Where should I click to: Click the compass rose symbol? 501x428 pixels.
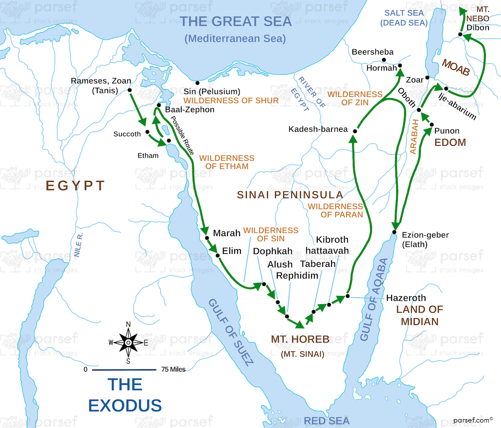pos(128,342)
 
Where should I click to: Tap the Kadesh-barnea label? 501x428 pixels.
pos(318,129)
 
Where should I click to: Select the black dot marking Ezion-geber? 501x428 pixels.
pos(394,232)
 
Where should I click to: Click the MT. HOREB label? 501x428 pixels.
pos(300,340)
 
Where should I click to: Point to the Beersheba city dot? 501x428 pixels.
pos(384,60)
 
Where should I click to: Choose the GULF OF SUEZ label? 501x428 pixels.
pos(230,332)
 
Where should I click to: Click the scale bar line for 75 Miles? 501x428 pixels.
pos(124,370)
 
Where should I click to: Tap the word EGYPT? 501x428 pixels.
pos(75,186)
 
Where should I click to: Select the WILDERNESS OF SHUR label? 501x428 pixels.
pos(231,101)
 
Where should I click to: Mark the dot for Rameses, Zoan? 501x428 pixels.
pos(130,90)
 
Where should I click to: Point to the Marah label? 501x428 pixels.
pos(227,233)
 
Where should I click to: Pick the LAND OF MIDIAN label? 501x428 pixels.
pos(420,315)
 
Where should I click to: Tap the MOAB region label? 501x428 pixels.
pos(456,67)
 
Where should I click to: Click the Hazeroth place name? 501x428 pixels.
pos(406,298)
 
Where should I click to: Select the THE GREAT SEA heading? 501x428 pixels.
pos(235,21)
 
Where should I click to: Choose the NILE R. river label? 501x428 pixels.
pos(78,245)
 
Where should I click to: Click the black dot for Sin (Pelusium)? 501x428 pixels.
pos(197,83)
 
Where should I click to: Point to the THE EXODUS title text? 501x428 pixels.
pos(125,395)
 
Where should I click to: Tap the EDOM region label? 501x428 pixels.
pos(450,143)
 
